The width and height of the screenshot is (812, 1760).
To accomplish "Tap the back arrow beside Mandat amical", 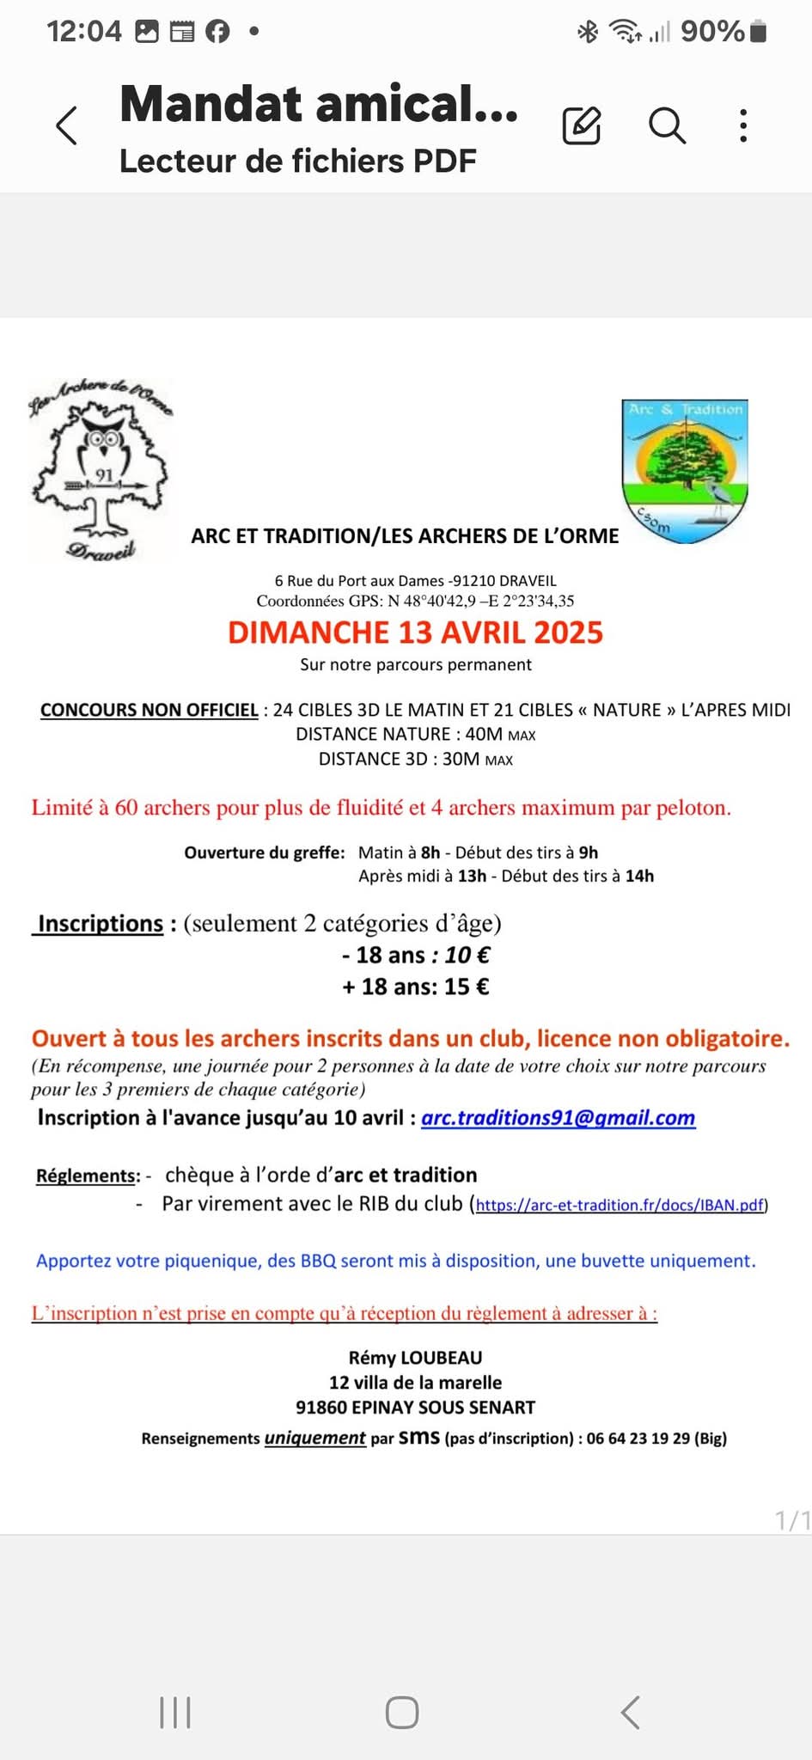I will tap(67, 125).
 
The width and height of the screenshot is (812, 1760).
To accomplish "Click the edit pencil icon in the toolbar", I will tap(582, 125).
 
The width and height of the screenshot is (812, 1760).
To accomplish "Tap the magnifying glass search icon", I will tap(667, 125).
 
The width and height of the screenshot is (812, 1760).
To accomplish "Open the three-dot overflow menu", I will tap(743, 125).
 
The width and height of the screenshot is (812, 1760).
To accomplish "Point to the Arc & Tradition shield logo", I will tap(685, 471).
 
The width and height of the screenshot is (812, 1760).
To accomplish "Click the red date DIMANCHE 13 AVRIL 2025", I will tap(415, 632).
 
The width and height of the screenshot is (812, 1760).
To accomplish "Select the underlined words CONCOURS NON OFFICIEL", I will tap(150, 710).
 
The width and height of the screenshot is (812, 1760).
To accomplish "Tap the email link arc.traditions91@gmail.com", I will tap(558, 1117).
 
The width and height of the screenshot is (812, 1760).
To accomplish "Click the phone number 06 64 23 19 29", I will tap(638, 1438).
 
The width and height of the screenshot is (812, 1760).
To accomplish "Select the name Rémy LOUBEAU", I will tap(415, 1358).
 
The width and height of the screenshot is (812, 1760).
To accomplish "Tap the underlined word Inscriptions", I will tap(100, 923).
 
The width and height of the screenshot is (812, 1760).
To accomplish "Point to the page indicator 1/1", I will tap(791, 1520).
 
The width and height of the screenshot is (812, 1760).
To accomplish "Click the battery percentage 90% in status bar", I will tap(711, 32).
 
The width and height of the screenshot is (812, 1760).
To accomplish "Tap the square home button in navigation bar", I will tap(402, 1712).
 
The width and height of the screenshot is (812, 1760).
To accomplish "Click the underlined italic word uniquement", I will tap(314, 1438).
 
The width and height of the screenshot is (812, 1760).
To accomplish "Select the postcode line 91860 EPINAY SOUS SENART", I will tap(415, 1408).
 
